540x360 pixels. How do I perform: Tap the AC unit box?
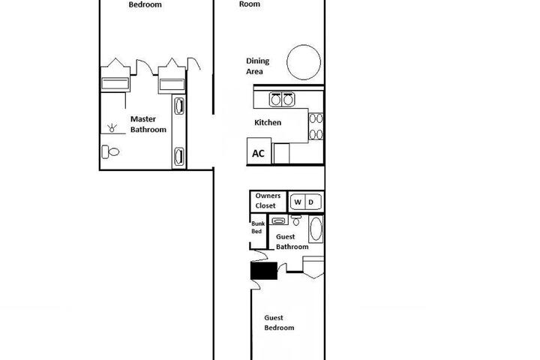tap(259, 151)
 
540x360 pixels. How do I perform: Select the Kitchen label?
tap(268, 123)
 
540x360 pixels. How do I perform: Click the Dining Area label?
tap(257, 66)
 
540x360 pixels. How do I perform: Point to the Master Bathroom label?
tap(148, 124)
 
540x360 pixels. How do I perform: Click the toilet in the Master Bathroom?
tap(110, 151)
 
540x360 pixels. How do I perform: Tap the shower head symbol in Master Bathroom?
tap(112, 127)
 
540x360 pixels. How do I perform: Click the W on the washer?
tap(298, 202)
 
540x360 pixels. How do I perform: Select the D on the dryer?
tap(310, 202)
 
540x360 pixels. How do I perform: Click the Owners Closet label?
tap(268, 200)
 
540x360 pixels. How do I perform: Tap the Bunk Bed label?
tap(257, 227)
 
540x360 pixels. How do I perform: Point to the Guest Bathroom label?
tap(292, 241)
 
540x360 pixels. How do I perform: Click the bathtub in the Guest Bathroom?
tap(316, 229)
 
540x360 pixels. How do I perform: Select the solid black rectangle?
tap(264, 271)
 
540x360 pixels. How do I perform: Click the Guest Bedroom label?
tap(279, 322)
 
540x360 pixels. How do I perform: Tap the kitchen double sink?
tap(282, 99)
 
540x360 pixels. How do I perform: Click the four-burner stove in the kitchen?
tap(316, 127)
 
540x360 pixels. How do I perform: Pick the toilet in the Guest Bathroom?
tap(295, 220)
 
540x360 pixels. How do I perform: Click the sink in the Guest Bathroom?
tap(278, 220)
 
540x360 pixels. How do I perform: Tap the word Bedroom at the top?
tap(145, 4)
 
